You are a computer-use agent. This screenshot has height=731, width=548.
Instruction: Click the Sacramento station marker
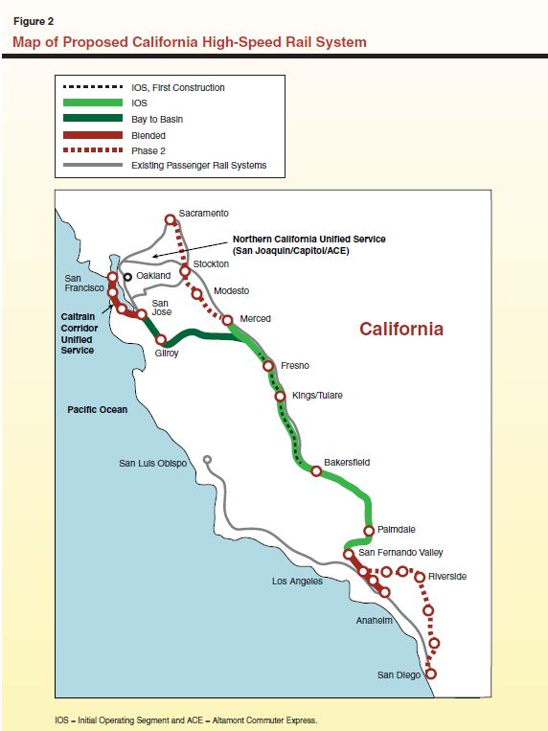pos(171,219)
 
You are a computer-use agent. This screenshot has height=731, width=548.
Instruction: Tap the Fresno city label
pos(295,366)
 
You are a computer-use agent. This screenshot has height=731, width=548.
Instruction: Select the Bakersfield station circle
pos(316,470)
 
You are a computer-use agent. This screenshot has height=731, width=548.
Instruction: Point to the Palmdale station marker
pos(369,531)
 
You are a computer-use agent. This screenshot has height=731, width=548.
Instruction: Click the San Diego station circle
pos(430,674)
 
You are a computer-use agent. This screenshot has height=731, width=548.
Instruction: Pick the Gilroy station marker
pos(162,339)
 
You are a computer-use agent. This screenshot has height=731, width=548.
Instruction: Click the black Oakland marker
pos(126,276)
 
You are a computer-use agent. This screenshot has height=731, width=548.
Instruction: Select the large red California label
pos(401,329)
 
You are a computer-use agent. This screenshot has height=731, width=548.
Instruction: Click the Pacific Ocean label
pos(97,409)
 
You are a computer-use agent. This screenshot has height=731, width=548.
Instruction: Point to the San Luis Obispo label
pos(152,464)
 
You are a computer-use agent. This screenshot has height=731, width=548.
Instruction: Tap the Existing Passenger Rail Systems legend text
pos(198,166)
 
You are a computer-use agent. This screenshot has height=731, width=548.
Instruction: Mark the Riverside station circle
pos(419,576)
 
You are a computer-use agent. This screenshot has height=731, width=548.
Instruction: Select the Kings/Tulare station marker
pos(280,396)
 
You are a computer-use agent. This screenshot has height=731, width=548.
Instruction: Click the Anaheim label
pos(374,621)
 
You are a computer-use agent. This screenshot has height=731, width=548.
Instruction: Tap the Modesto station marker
pos(198,293)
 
